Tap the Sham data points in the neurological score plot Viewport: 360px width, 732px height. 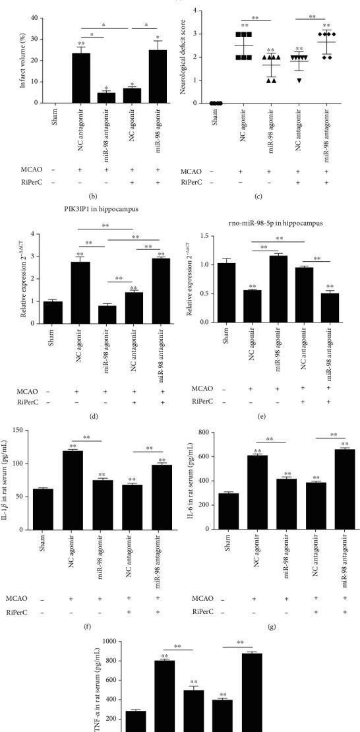216,103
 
